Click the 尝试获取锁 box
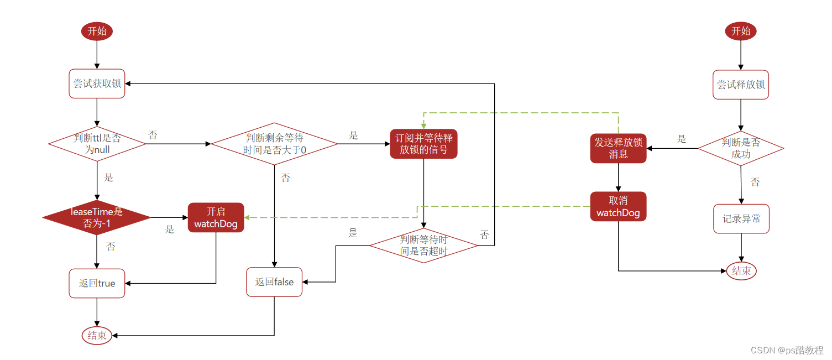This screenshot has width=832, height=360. coord(97,84)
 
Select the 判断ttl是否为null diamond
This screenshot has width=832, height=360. coord(97,144)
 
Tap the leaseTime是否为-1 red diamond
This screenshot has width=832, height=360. coord(97,217)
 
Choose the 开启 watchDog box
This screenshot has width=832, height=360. coord(216,217)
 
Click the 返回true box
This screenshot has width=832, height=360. coord(97,283)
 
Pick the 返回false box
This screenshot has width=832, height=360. coord(274,282)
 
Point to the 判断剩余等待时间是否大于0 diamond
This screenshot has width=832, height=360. coord(274,144)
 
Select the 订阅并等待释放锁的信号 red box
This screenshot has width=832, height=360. coord(423,143)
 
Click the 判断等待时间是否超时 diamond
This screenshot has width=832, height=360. coord(423,246)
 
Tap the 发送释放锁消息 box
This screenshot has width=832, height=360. coord(618,148)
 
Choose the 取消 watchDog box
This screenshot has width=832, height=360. coord(618,206)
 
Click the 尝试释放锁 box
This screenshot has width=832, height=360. coord(741,85)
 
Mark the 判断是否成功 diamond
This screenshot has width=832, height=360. coord(741,148)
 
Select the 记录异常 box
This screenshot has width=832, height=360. coord(741,219)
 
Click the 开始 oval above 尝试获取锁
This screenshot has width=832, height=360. coord(97,31)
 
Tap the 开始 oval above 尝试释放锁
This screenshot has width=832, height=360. coord(741,31)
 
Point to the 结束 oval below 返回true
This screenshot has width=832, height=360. coord(97,335)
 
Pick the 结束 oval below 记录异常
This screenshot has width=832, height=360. coord(741,271)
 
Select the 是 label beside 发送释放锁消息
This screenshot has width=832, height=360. coord(681,139)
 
